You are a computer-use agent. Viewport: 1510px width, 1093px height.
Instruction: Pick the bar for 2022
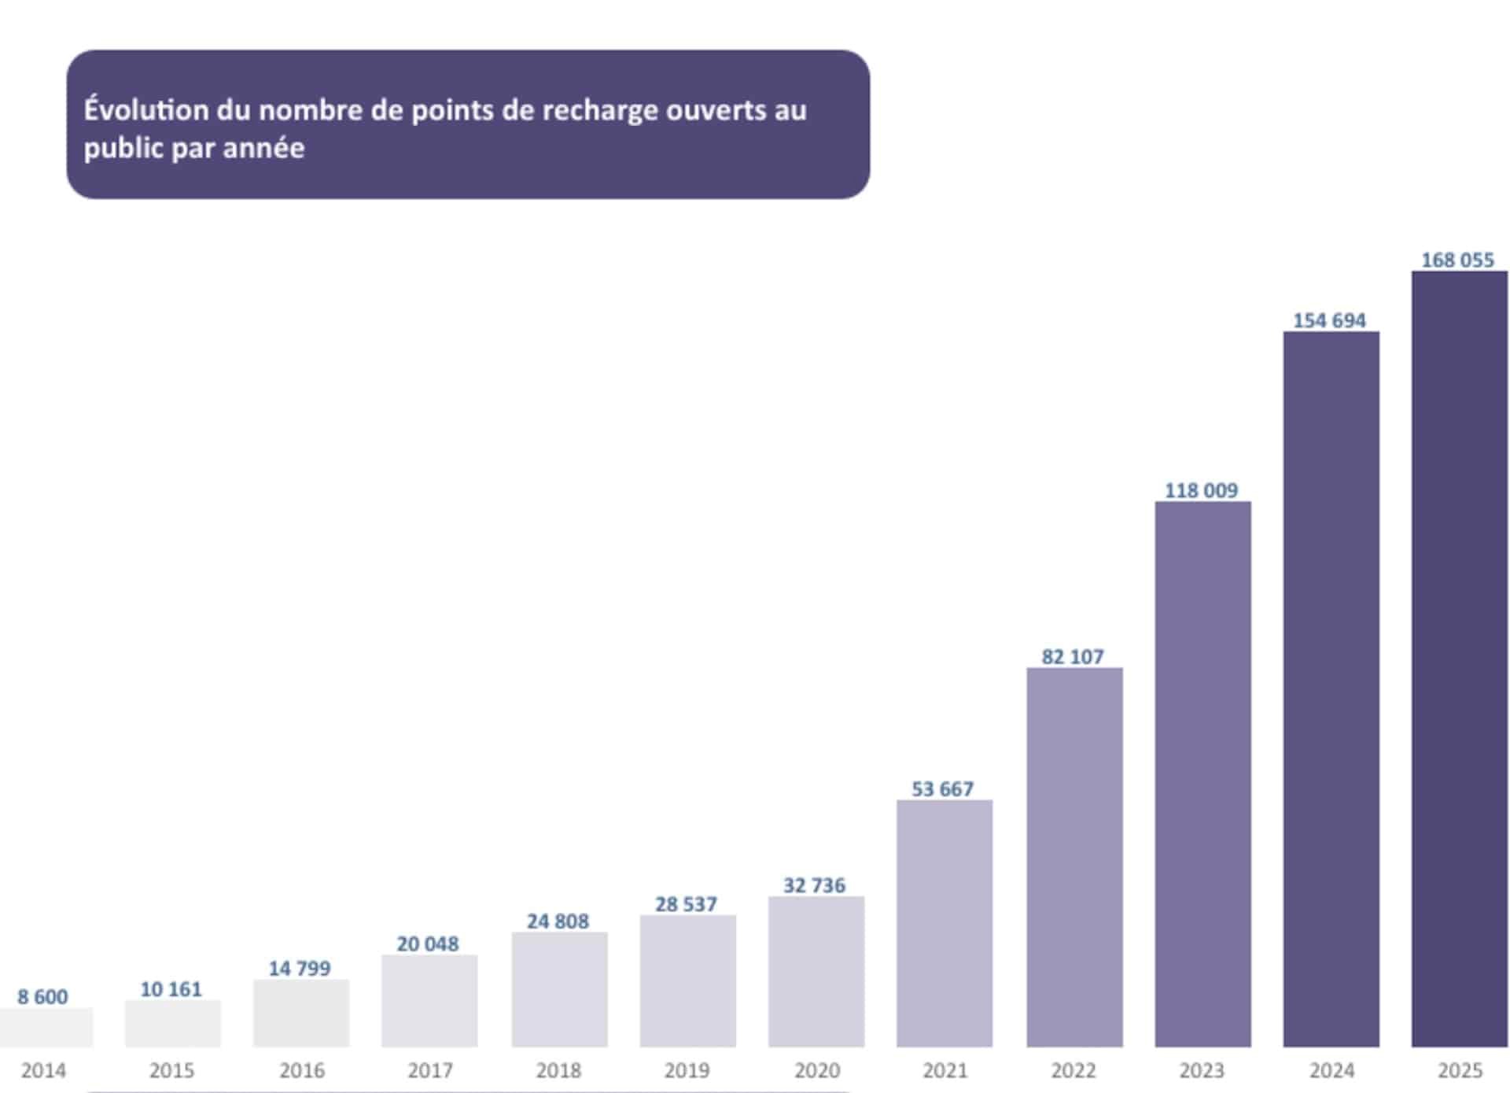pyautogui.click(x=1074, y=857)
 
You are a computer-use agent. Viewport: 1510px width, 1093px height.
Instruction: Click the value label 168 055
pyautogui.click(x=1457, y=260)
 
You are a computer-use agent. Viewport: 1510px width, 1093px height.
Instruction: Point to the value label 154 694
pyautogui.click(x=1329, y=320)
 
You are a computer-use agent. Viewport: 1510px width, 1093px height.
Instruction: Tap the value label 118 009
pyautogui.click(x=1201, y=490)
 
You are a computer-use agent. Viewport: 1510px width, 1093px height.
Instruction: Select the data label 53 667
pyautogui.click(x=942, y=788)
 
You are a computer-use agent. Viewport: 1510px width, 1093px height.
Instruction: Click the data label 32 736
pyautogui.click(x=814, y=885)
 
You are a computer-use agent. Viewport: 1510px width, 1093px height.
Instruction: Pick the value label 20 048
pyautogui.click(x=427, y=943)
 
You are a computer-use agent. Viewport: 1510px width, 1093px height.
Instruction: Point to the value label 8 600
pyautogui.click(x=42, y=996)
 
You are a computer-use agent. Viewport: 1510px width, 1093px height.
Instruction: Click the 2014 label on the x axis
pyautogui.click(x=43, y=1070)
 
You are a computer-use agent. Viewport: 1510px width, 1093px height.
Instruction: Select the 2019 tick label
pyautogui.click(x=687, y=1070)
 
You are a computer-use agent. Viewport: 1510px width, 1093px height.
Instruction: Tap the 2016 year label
pyautogui.click(x=301, y=1070)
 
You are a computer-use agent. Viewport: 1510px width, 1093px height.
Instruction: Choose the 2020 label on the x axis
pyautogui.click(x=816, y=1070)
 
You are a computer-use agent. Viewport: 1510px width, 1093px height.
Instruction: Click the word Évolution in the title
pyautogui.click(x=145, y=109)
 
